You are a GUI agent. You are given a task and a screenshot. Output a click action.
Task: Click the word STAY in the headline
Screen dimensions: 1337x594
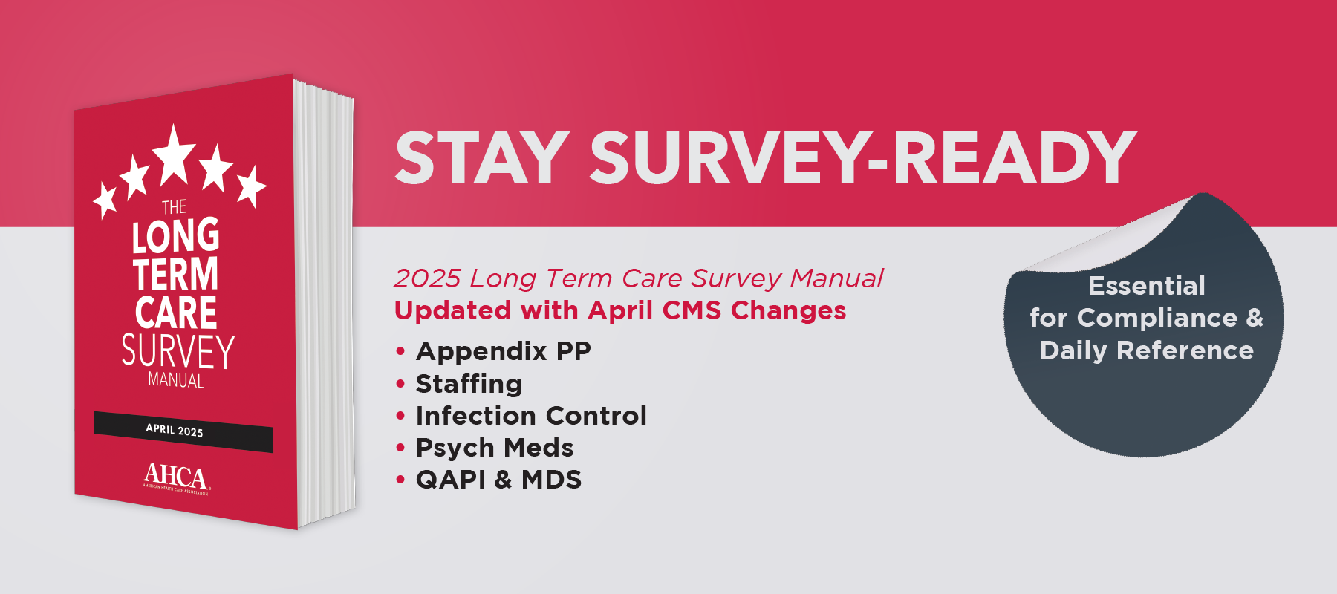click(482, 157)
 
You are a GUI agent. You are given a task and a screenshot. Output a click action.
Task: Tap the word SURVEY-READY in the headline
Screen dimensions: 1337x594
click(863, 157)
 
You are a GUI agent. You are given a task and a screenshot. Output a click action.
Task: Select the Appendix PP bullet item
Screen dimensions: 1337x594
click(504, 351)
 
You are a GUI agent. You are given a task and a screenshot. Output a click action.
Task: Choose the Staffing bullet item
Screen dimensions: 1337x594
click(469, 384)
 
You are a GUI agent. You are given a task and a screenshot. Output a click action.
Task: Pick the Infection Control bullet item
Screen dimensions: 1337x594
click(531, 416)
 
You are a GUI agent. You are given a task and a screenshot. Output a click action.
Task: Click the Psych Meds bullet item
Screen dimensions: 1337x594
click(495, 448)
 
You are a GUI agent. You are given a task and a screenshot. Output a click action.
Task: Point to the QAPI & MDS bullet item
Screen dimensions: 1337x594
click(498, 480)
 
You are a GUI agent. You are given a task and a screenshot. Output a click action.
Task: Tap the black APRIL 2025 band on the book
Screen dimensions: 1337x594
click(183, 431)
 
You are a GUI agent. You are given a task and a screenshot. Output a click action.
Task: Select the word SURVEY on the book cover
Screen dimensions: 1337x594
click(178, 352)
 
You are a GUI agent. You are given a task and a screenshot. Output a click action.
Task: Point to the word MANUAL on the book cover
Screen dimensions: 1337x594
click(176, 380)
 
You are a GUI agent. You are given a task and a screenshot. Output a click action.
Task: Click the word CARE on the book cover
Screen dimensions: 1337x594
click(176, 313)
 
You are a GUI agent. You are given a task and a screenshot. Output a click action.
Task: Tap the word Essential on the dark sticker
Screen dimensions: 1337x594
click(1147, 286)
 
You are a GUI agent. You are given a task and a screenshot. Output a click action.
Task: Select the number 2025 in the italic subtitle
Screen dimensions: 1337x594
click(428, 278)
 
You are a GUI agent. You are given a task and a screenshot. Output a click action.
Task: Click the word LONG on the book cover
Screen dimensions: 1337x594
click(176, 236)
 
